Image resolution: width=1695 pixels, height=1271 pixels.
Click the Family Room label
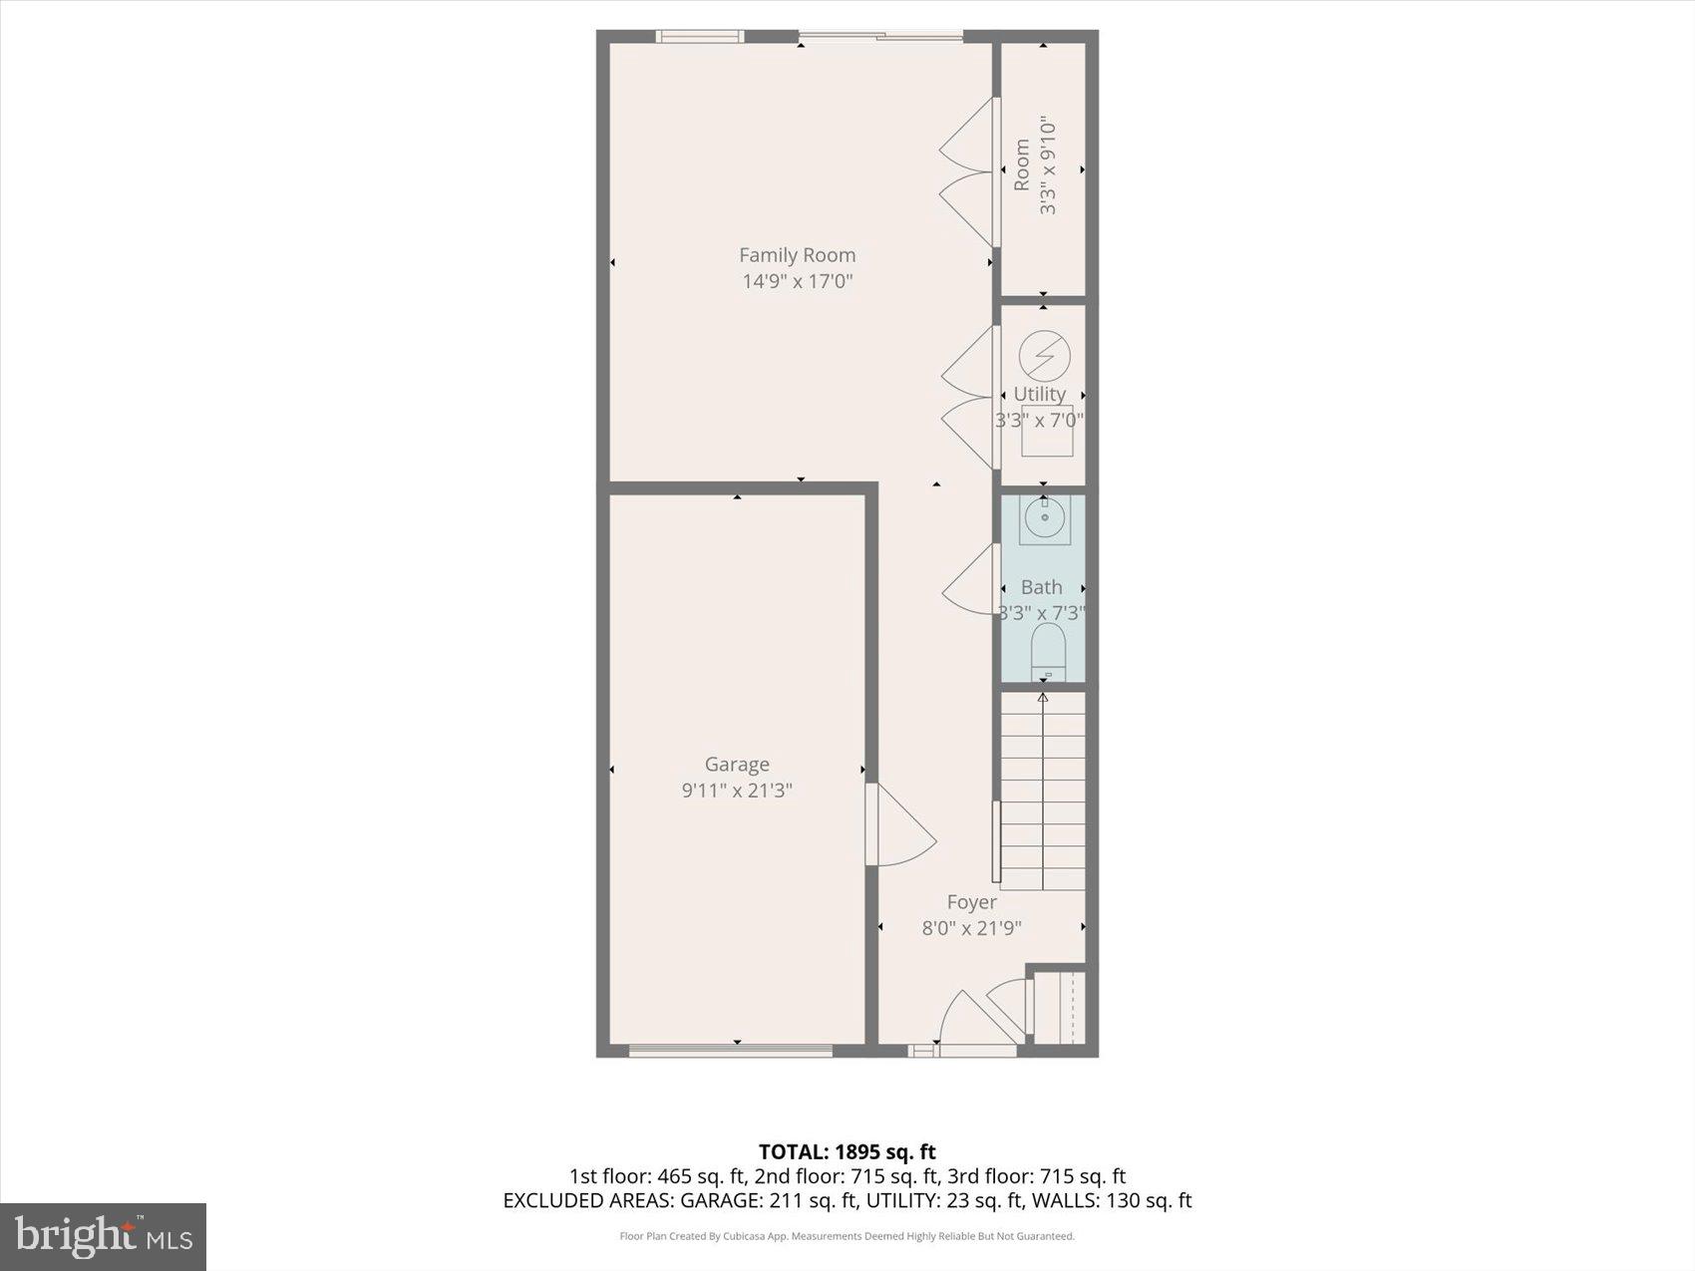point(797,255)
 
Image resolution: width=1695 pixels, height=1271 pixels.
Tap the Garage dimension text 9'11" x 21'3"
point(737,791)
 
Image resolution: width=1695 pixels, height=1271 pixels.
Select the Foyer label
point(971,902)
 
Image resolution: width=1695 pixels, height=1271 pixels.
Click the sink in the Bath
point(1044,519)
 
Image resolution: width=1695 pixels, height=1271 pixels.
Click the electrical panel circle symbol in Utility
point(1044,355)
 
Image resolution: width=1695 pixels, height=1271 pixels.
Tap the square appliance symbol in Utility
point(1047,431)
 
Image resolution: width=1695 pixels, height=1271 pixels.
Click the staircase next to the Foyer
point(1043,793)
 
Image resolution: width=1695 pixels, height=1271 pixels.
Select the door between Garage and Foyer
point(897,825)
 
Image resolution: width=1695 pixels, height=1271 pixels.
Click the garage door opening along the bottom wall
point(731,1050)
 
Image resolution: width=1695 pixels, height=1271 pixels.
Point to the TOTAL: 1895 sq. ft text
point(847,1152)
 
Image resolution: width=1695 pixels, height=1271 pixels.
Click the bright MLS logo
point(103,1237)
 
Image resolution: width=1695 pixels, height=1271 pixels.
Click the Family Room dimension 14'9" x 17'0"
point(797,282)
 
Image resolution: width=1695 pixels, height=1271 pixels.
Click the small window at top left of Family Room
point(700,37)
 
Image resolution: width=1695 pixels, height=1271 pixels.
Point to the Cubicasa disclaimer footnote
point(847,1236)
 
